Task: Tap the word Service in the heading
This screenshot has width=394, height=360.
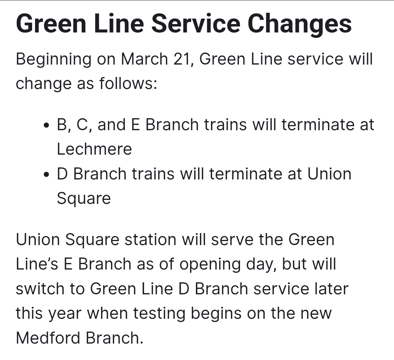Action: pos(196,24)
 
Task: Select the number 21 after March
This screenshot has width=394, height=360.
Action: pos(183,59)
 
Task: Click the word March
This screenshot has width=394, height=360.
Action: pos(144,59)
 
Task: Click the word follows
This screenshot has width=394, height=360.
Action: pos(128,83)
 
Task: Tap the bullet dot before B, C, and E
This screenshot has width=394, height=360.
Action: pos(46,125)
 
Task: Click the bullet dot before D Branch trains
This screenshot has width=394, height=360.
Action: pos(46,175)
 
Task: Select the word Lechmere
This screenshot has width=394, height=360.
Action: pos(94,149)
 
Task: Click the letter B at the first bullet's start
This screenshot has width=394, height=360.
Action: pos(62,125)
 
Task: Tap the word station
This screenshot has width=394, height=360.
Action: pos(151,239)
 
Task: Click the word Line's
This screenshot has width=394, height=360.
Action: pos(37,264)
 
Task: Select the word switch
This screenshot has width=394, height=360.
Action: pos(40,289)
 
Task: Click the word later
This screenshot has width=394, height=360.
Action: pos(331,289)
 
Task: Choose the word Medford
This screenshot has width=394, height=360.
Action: pos(48,338)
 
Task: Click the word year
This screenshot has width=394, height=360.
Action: pos(65,314)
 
